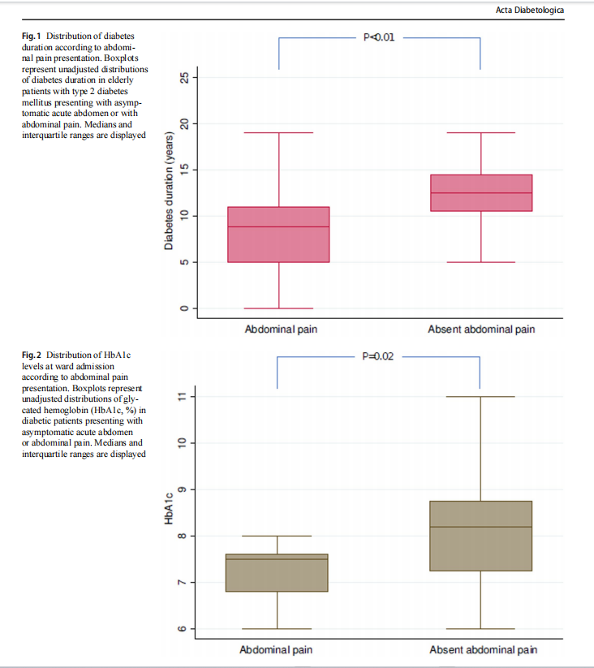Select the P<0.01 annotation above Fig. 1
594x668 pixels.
(x=379, y=37)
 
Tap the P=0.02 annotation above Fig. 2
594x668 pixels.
(x=379, y=356)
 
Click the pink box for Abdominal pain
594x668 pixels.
(x=278, y=235)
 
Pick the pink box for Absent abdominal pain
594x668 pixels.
(x=481, y=193)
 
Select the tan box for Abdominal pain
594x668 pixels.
(x=278, y=573)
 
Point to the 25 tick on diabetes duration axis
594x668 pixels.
(x=184, y=77)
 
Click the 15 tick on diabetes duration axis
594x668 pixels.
(x=184, y=170)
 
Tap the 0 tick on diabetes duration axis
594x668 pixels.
(x=184, y=308)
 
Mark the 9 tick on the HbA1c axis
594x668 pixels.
(x=184, y=489)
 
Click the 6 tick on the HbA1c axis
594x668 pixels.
(x=184, y=629)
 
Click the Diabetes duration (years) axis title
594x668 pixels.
(x=169, y=189)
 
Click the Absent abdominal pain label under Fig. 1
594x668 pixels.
(x=481, y=330)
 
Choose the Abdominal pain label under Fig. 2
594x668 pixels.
(x=276, y=650)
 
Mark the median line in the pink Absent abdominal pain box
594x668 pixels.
(x=481, y=193)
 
